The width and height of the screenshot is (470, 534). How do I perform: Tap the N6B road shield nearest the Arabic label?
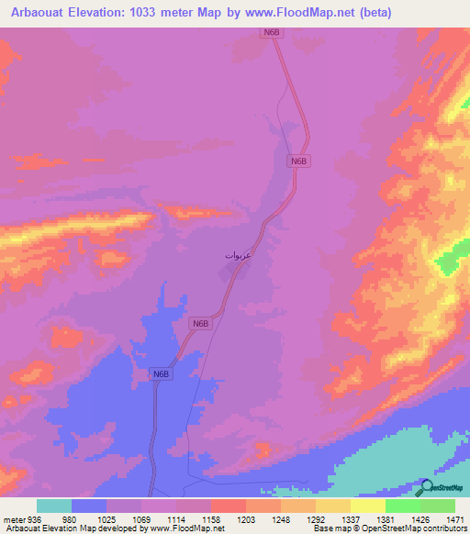201,323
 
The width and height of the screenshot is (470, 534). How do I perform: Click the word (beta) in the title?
375,13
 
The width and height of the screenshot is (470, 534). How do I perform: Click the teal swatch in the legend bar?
54,506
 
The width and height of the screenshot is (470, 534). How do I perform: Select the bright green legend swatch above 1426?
403,506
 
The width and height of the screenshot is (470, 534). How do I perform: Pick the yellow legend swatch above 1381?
367,506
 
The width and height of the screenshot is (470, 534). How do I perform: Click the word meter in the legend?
15,519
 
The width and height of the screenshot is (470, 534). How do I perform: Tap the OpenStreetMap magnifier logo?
426,487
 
